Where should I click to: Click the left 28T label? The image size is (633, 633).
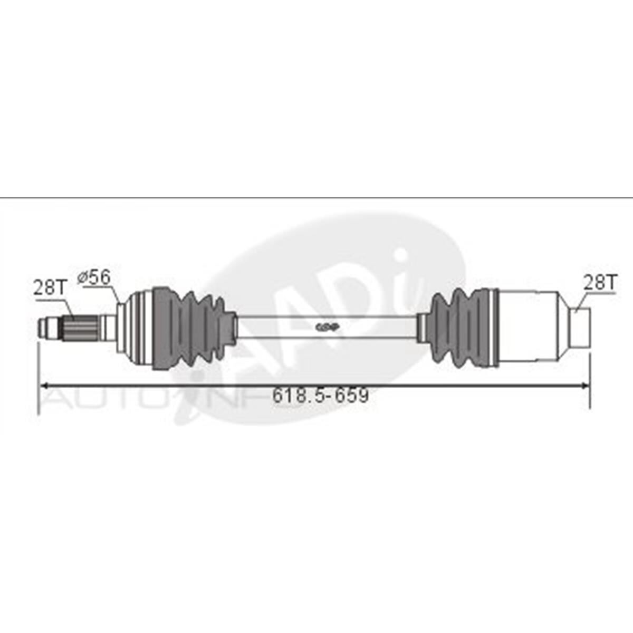[50, 288]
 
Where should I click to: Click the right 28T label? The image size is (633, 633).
[599, 283]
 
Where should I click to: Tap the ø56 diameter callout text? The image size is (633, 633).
[95, 278]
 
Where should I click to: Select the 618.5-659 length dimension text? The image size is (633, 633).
[320, 396]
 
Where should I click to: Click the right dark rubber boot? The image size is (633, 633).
[462, 325]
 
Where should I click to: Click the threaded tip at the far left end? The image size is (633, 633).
[46, 328]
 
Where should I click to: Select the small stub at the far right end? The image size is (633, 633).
[580, 328]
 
